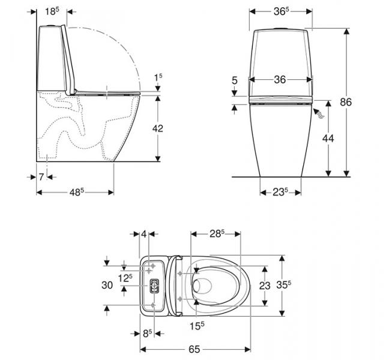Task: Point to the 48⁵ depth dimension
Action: coord(75,193)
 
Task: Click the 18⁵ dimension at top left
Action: coord(53,11)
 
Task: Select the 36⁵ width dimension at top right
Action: coord(280,11)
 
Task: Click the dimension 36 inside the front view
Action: coord(279,79)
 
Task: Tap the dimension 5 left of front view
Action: coord(235,79)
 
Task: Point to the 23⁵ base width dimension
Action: coord(279,193)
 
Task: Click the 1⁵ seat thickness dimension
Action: coord(157,77)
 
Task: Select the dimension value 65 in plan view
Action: coord(194,347)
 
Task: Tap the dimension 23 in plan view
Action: coord(265,286)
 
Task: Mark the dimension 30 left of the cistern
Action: coord(107,286)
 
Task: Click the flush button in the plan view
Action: coord(154,286)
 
